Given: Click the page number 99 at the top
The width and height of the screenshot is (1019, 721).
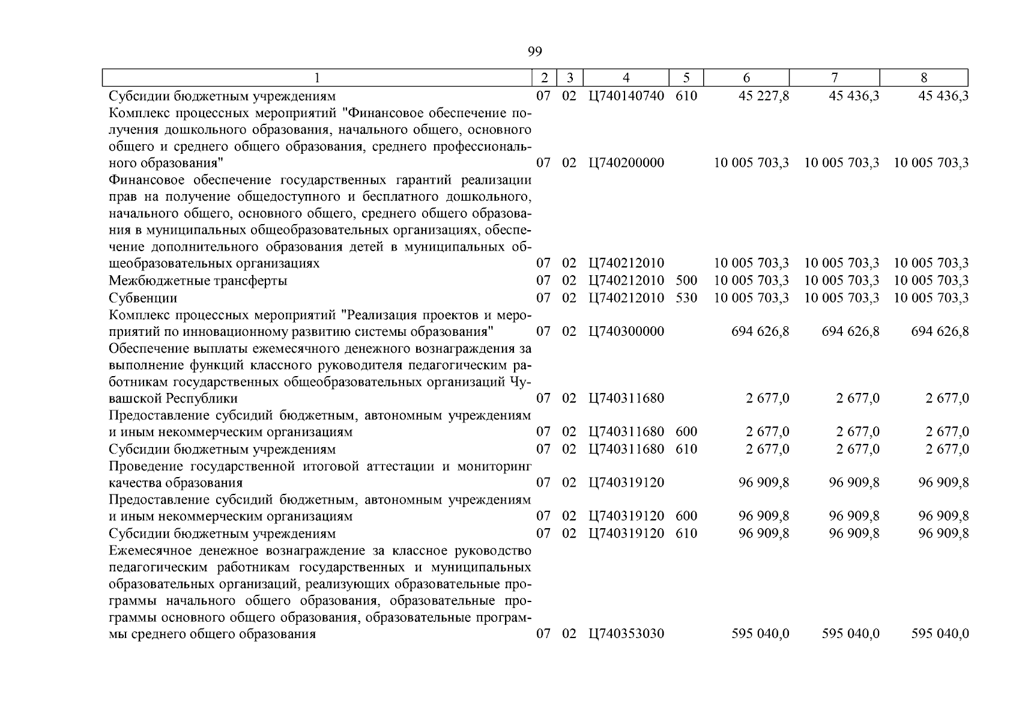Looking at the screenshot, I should tap(534, 52).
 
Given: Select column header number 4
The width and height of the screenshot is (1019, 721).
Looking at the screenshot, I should tap(626, 78).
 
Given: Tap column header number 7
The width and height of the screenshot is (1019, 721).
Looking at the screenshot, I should tap(834, 78).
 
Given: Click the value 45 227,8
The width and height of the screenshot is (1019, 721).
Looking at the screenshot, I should tap(764, 96).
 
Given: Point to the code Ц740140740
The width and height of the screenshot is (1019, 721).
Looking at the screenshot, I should tap(626, 96).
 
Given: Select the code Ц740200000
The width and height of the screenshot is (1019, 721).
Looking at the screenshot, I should tap(626, 163).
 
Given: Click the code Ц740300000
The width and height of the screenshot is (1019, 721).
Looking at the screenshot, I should tap(626, 331).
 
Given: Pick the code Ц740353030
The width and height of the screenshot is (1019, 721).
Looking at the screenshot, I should tap(626, 634).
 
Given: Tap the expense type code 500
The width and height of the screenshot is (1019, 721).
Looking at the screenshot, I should tap(686, 281).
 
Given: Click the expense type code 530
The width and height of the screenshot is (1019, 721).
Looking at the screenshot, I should tap(686, 297).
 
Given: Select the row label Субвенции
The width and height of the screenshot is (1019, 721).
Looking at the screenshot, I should tap(143, 297).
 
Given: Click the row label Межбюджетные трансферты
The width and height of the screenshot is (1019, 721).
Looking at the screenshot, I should tap(198, 281).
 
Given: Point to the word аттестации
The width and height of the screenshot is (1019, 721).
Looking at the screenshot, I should tap(404, 466).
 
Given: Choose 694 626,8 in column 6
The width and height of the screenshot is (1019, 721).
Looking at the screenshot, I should tap(760, 331).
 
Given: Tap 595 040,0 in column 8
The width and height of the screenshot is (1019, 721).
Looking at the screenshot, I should tap(940, 634).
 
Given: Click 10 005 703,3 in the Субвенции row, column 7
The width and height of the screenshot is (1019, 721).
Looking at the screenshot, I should tap(842, 297).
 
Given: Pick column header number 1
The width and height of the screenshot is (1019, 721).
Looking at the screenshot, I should tap(317, 78).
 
